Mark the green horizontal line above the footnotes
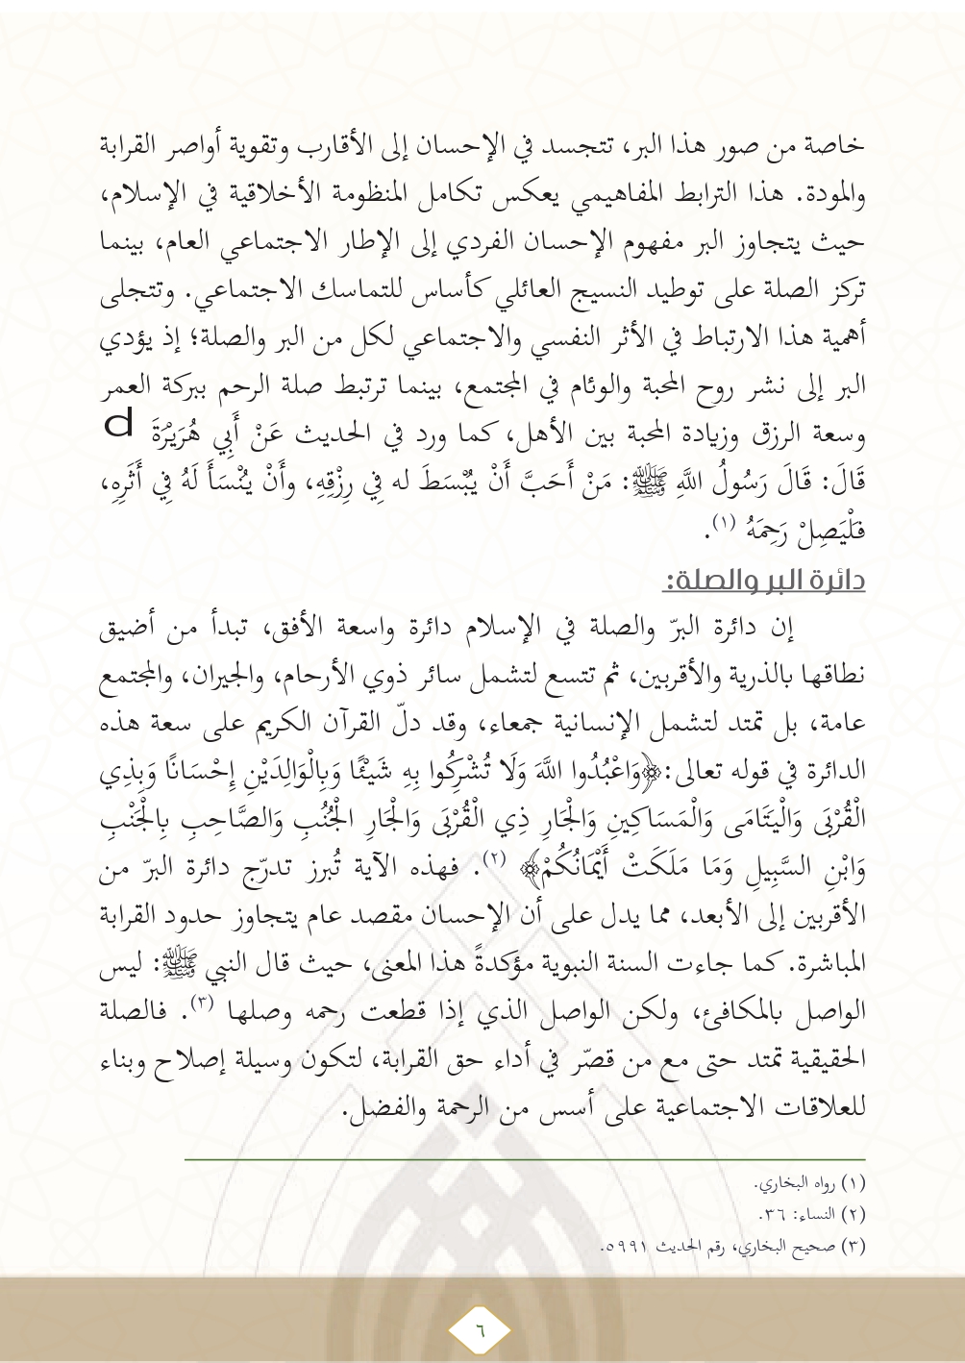coord(525,1158)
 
